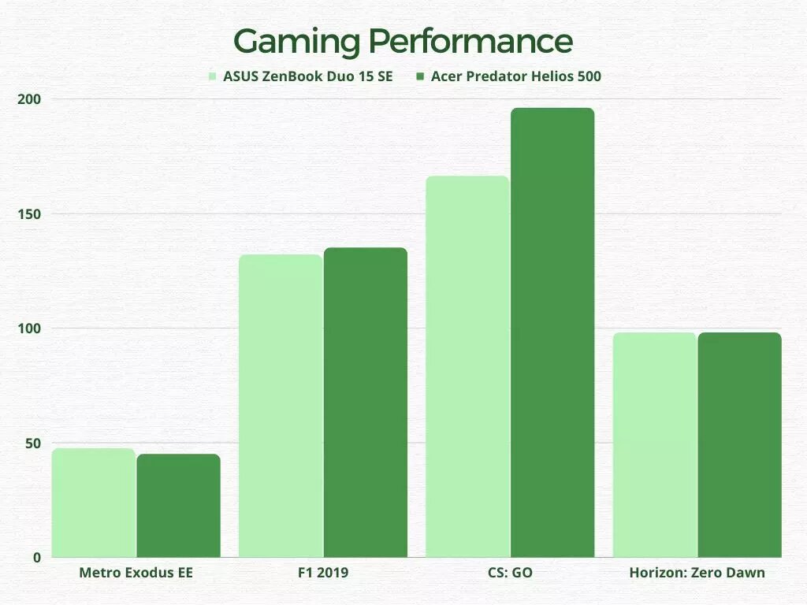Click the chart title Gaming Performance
pos(403,42)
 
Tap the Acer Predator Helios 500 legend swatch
pos(420,76)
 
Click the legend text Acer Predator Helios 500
pos(515,76)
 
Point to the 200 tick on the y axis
pos(29,99)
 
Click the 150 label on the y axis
pos(29,214)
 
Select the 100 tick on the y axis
pos(29,328)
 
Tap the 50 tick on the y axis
pos(33,444)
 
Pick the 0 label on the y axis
pos(37,558)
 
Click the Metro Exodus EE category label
pos(136,573)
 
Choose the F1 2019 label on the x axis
pos(323,573)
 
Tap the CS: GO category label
pos(510,573)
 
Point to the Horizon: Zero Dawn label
pos(697,573)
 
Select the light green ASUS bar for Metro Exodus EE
pos(94,503)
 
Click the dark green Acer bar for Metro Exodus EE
pos(179,506)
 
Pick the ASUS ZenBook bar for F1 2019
pos(281,406)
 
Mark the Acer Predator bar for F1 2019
pos(366,403)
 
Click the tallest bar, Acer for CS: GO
pos(552,332)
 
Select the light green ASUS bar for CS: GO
pos(468,366)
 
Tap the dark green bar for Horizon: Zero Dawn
pos(739,445)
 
